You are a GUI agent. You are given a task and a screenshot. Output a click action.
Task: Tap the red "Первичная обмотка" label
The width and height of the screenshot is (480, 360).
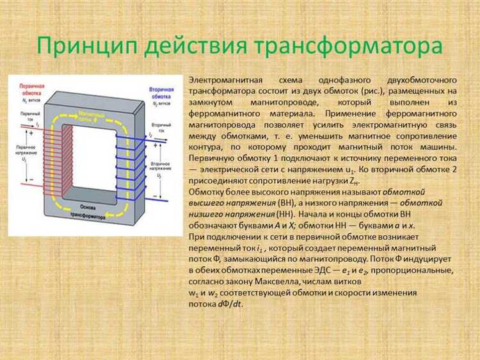tap(27, 89)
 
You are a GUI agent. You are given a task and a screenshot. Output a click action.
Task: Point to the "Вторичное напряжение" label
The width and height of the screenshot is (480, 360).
tap(164, 163)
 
